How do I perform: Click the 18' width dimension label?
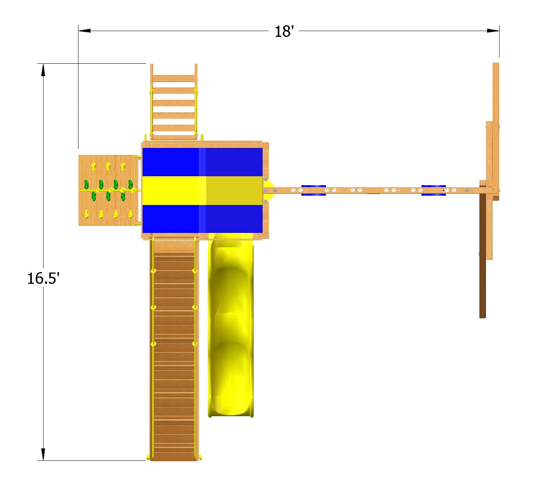284,31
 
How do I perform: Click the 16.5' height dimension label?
43,278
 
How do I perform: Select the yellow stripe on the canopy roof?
202,190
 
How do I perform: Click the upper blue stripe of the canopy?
202,162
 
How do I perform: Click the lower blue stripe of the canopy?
202,219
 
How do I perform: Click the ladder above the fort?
174,102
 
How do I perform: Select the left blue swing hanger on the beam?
313,190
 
